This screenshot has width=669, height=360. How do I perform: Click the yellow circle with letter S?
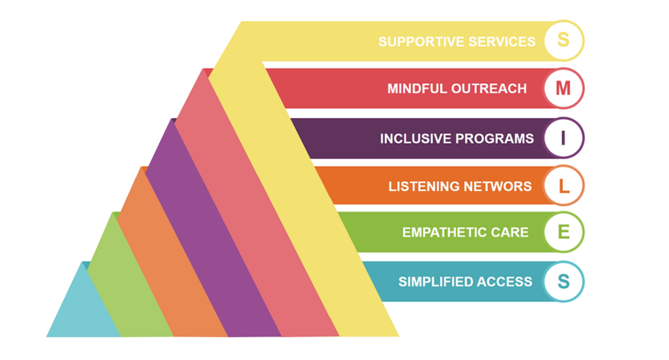[x=563, y=41]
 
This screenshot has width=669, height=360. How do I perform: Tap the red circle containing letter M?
[x=563, y=89]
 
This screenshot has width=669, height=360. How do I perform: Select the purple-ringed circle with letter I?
[x=563, y=138]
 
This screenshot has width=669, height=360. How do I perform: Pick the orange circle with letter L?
[x=563, y=186]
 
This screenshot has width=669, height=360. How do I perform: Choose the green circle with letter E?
[x=563, y=232]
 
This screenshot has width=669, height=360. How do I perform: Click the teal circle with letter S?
[x=563, y=281]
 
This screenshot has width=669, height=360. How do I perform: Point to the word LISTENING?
[x=421, y=186]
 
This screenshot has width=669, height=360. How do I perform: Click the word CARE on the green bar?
[x=511, y=233]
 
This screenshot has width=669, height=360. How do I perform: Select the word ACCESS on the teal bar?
[x=505, y=282]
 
